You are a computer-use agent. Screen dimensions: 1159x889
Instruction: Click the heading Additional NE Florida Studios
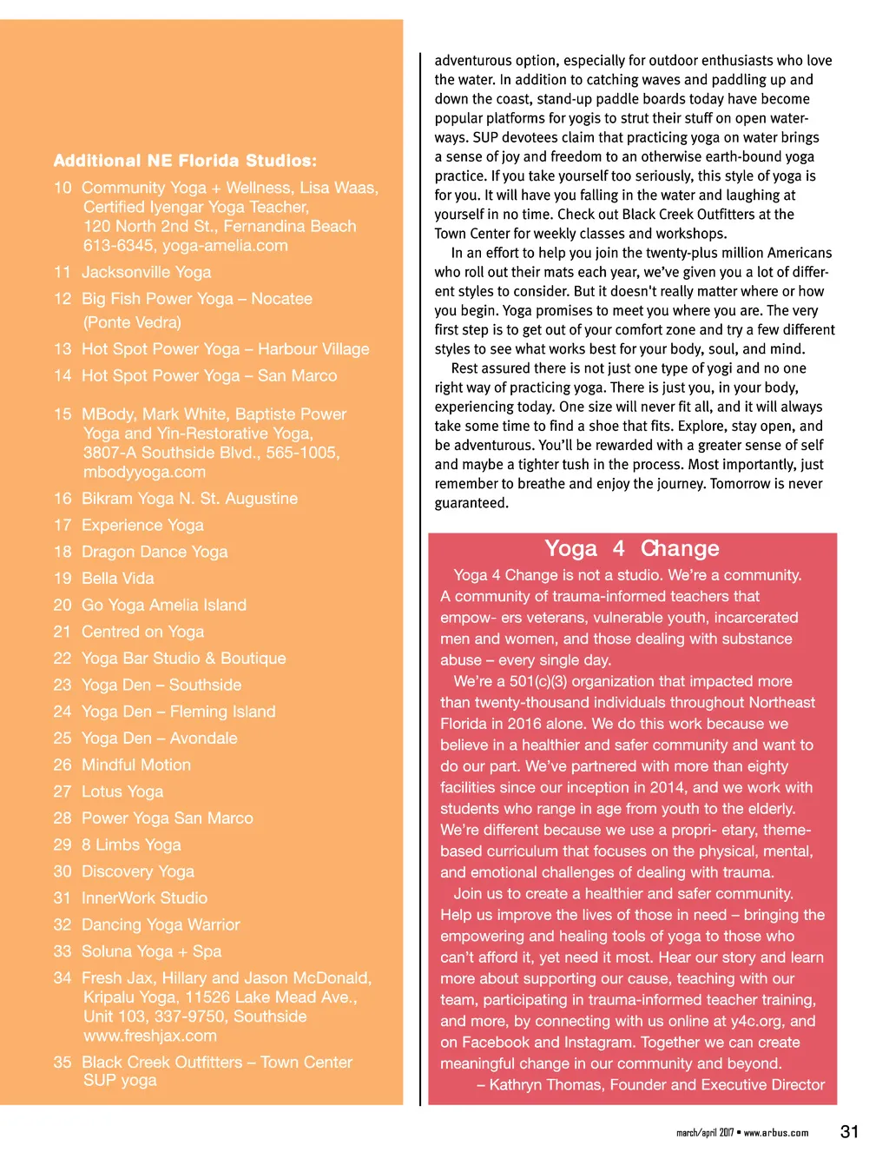(185, 161)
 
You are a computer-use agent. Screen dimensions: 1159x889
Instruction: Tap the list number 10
(63, 188)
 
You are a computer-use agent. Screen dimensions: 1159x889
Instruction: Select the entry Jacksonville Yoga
(146, 272)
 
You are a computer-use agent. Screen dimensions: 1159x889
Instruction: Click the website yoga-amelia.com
(225, 245)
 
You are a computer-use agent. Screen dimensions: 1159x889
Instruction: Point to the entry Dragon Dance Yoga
(155, 552)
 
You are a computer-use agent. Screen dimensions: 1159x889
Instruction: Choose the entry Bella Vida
(117, 579)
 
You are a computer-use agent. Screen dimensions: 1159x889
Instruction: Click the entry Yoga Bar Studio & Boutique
(183, 659)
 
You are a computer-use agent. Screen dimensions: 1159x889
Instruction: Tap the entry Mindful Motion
(136, 765)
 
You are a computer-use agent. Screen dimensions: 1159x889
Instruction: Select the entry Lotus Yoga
(122, 791)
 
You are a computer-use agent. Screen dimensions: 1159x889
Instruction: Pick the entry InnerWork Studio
(144, 898)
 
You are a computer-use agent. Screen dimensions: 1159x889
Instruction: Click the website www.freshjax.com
(150, 1036)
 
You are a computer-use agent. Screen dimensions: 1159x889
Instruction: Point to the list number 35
(63, 1063)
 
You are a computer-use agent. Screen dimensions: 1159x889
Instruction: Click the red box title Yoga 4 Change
(632, 548)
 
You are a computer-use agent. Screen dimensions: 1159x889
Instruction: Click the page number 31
(849, 1131)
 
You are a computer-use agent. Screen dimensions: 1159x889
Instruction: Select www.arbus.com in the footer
(776, 1133)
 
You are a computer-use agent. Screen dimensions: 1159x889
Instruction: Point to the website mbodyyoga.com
(144, 472)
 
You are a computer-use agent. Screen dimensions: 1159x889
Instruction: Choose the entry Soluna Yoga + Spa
(151, 951)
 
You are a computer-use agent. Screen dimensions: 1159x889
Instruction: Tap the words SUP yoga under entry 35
(120, 1080)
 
